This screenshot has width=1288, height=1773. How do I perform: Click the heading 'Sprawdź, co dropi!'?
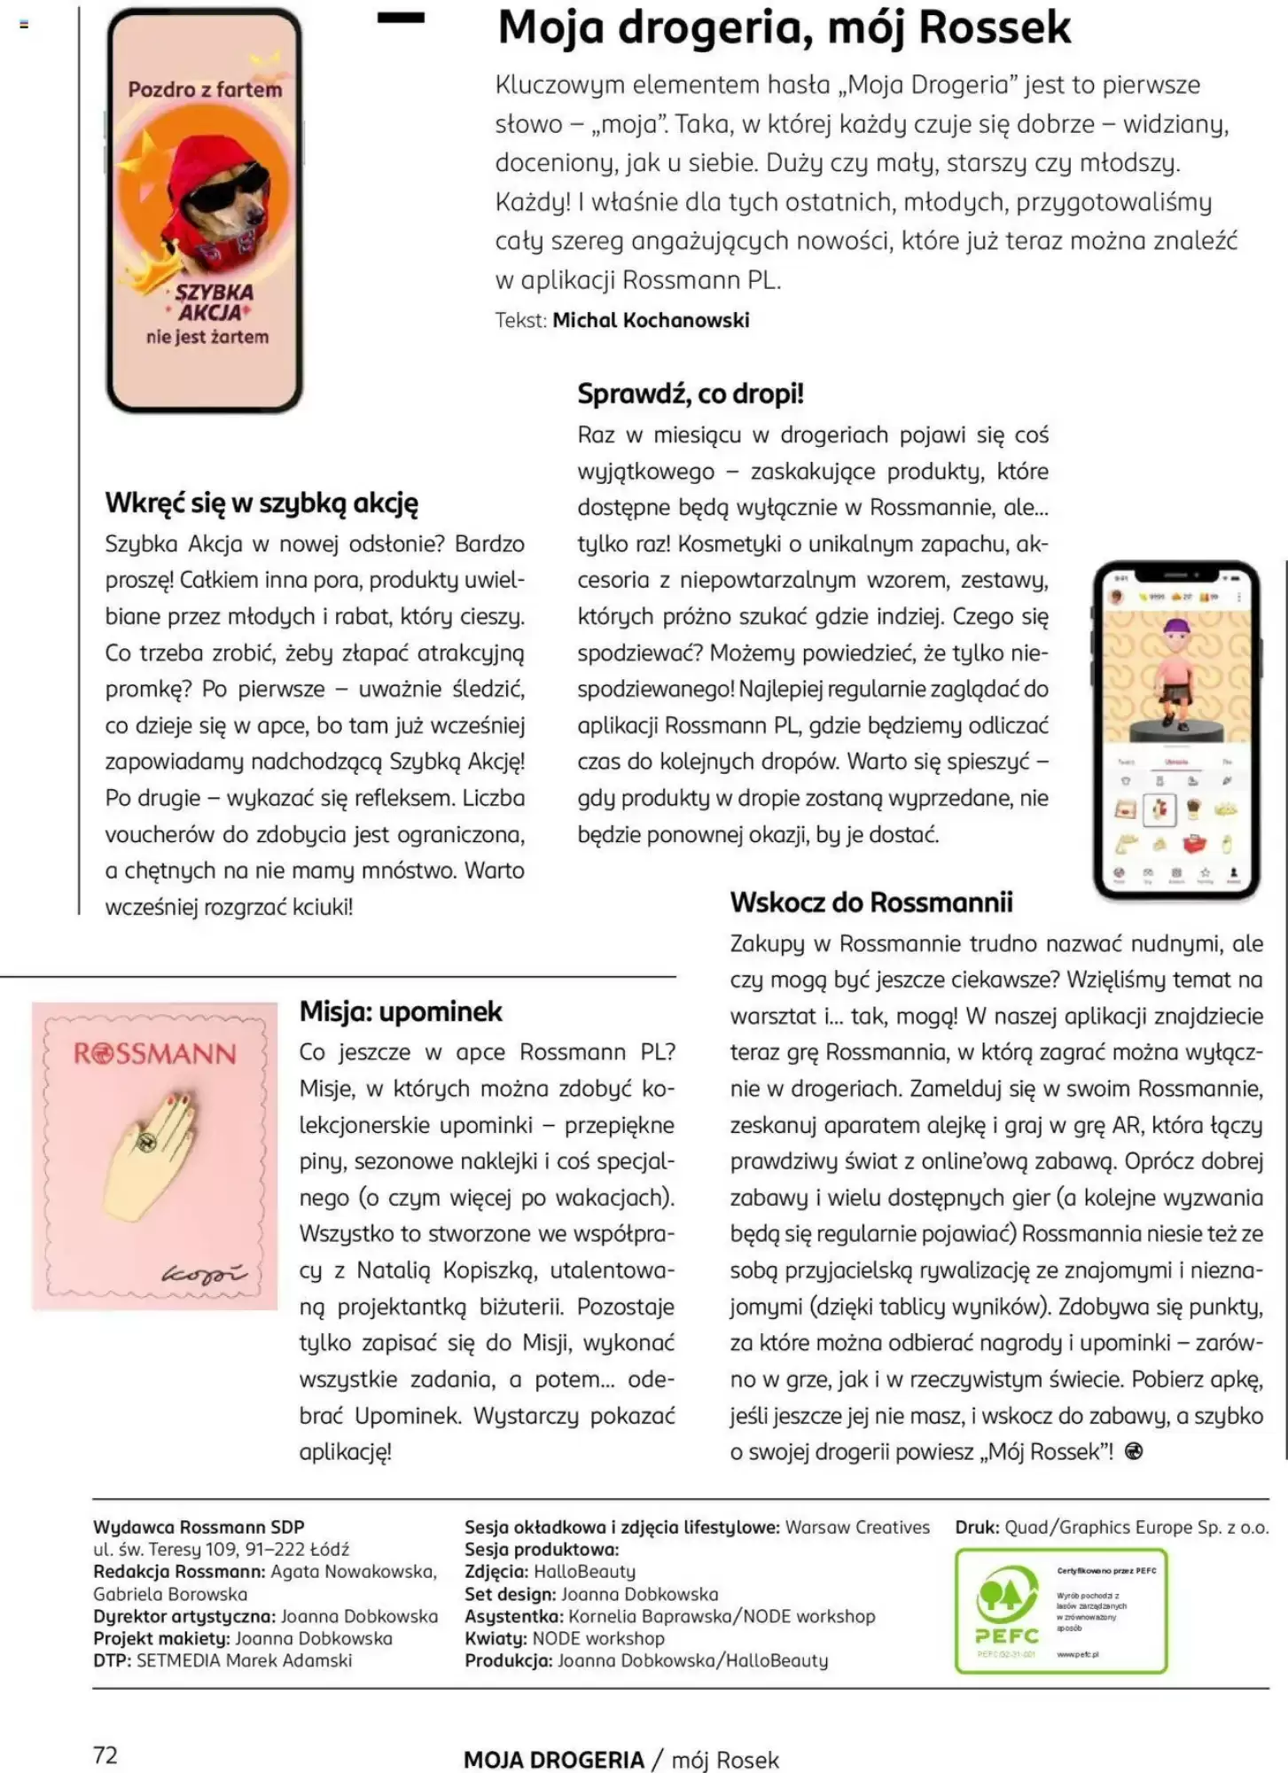[690, 394]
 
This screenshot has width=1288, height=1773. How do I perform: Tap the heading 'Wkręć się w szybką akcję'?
[262, 504]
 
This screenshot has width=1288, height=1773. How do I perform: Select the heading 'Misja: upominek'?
[401, 1011]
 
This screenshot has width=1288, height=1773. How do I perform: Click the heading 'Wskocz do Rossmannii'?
[870, 902]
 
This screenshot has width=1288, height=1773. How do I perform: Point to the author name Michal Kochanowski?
[651, 321]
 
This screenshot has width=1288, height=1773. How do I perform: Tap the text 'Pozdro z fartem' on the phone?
[205, 90]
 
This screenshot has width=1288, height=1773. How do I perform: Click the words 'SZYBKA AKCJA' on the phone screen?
[213, 302]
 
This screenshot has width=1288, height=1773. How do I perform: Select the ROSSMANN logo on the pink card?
[155, 1054]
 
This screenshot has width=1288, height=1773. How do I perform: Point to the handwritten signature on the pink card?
[203, 1274]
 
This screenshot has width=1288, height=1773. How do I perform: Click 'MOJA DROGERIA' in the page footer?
[553, 1760]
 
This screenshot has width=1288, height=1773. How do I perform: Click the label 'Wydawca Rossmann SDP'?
[199, 1527]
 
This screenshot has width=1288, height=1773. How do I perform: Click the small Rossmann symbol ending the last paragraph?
[1133, 1451]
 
